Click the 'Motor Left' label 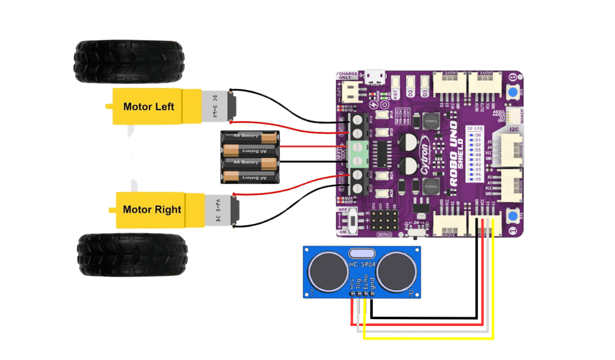(x=148, y=107)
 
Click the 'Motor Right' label (x=151, y=210)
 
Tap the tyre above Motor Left (x=129, y=61)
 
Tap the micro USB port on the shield (x=372, y=77)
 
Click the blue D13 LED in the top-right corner (x=512, y=93)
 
